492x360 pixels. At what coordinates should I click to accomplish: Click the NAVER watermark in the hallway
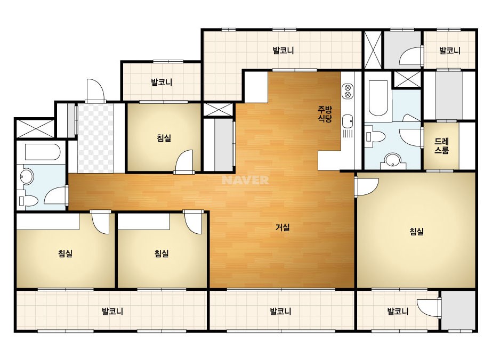pyautogui.click(x=245, y=180)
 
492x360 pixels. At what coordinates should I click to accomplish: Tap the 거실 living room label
pyautogui.click(x=283, y=227)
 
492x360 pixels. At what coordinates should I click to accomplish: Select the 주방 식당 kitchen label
pyautogui.click(x=325, y=114)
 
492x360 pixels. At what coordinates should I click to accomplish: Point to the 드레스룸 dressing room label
pyautogui.click(x=441, y=146)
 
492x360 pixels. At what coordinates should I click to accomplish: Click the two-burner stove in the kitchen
pyautogui.click(x=348, y=91)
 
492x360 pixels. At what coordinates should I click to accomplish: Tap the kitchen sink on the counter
pyautogui.click(x=348, y=121)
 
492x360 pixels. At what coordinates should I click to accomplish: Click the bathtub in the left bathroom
pyautogui.click(x=42, y=152)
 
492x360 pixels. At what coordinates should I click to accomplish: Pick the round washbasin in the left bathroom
pyautogui.click(x=27, y=176)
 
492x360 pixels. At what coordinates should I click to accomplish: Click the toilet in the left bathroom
pyautogui.click(x=29, y=201)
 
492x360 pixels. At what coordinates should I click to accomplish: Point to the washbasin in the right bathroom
pyautogui.click(x=392, y=160)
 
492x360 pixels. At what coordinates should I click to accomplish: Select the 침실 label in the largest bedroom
pyautogui.click(x=416, y=232)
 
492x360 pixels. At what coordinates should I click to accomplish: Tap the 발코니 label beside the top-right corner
pyautogui.click(x=449, y=51)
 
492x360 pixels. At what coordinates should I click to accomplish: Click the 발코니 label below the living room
pyautogui.click(x=280, y=312)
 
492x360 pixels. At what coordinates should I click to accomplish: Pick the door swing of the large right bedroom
pyautogui.click(x=367, y=187)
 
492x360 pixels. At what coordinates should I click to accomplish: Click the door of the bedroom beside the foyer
pyautogui.click(x=184, y=161)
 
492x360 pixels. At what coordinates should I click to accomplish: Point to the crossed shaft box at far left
pyautogui.click(x=35, y=128)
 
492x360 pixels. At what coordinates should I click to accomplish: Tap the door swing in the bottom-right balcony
pyautogui.click(x=429, y=308)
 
